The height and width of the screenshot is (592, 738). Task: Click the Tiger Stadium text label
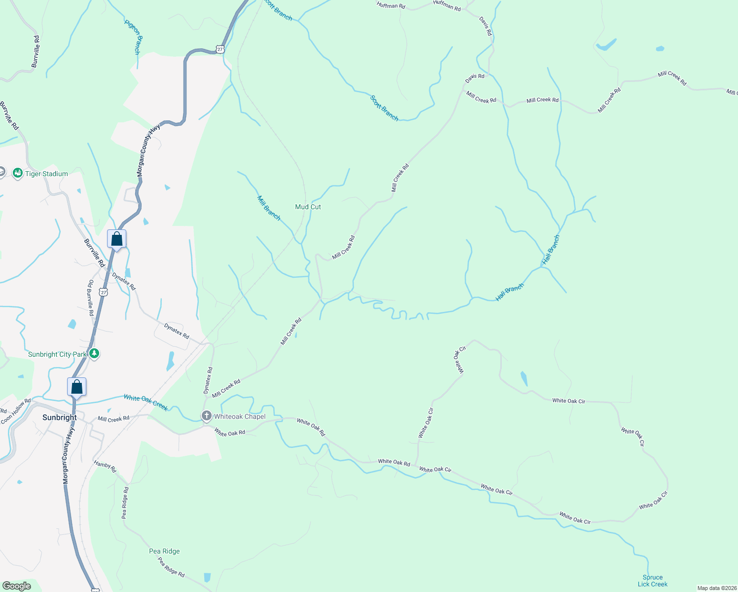click(x=47, y=174)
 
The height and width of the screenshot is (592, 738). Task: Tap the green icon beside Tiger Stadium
click(x=18, y=173)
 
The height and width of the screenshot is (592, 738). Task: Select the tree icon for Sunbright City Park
click(x=94, y=354)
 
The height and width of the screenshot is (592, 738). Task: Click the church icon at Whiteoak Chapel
click(x=207, y=416)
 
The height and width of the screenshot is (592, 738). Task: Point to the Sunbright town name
click(x=60, y=417)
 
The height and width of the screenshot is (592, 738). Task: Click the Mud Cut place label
click(x=308, y=207)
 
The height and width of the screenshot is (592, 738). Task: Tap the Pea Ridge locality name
click(x=164, y=551)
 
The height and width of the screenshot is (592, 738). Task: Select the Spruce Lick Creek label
click(x=652, y=581)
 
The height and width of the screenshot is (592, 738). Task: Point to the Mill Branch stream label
click(x=269, y=208)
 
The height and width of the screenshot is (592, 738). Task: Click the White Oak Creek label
click(x=146, y=402)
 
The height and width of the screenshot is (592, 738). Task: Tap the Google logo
click(x=17, y=586)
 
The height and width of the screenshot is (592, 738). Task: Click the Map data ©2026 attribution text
click(x=716, y=588)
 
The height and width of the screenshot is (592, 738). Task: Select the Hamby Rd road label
click(x=105, y=466)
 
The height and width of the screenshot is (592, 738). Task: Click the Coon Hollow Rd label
click(x=16, y=411)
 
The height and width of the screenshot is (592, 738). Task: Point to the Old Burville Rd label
click(x=91, y=298)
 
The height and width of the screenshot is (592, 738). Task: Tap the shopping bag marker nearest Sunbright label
click(x=77, y=387)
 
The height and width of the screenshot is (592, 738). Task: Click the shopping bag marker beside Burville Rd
click(x=117, y=239)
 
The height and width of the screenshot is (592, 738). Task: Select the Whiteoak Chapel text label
click(x=240, y=416)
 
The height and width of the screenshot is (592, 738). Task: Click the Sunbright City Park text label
click(x=57, y=354)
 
